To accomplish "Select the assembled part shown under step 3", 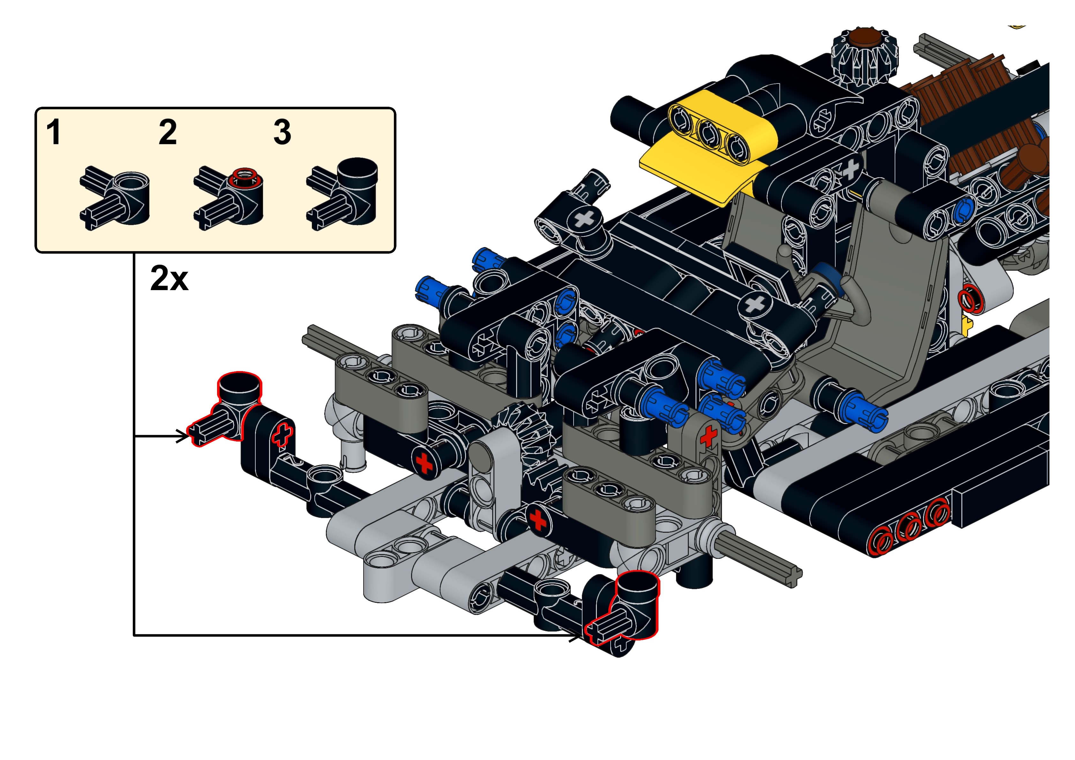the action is tap(342, 194).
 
